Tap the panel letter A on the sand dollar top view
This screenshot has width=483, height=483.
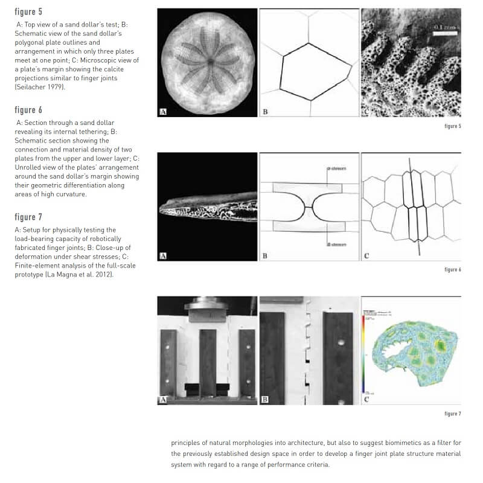[x=163, y=111]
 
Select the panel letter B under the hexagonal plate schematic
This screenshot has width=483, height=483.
[x=265, y=112]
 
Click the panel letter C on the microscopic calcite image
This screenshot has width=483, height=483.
[x=366, y=112]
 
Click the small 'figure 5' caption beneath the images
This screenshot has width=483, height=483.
[x=452, y=126]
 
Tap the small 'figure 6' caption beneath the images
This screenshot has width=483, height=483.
[x=452, y=269]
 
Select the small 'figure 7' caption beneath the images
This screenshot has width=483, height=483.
[x=452, y=414]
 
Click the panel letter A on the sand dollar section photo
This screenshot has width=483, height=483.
[x=163, y=255]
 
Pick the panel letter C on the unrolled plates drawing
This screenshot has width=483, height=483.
[x=366, y=256]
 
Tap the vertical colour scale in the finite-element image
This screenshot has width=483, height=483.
[x=364, y=350]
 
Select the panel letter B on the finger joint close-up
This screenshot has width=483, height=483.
[x=265, y=399]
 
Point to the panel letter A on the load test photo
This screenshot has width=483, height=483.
[x=163, y=399]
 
